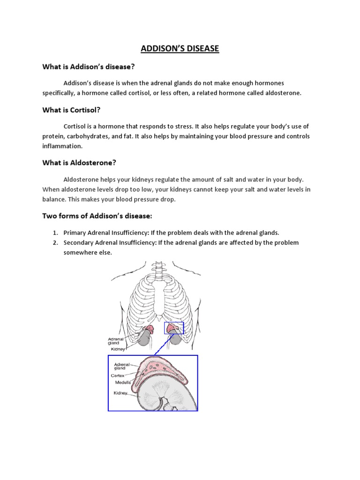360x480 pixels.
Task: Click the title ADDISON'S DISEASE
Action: point(180,48)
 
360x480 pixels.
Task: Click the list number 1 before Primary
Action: point(54,232)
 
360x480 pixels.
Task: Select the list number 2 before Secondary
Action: point(54,242)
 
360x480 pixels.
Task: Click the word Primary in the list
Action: point(75,232)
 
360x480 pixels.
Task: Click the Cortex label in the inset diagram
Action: point(118,375)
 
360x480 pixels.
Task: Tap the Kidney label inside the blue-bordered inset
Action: point(121,393)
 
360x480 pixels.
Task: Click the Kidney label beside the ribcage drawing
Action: point(117,349)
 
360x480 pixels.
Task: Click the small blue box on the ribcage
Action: point(174,328)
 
